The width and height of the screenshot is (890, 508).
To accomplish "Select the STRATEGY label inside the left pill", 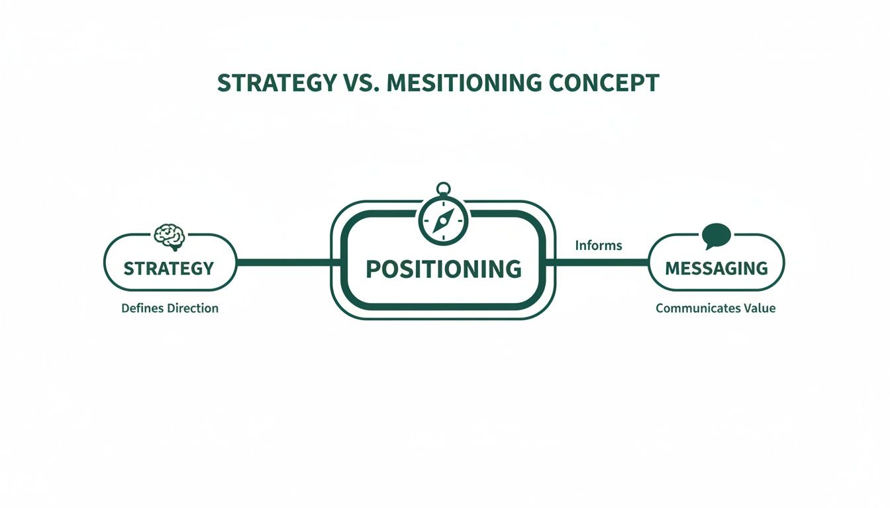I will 169,268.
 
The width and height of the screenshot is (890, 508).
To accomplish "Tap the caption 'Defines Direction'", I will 170,308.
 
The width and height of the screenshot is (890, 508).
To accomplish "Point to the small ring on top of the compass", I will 443,189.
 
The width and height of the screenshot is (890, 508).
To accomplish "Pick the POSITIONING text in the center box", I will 443,269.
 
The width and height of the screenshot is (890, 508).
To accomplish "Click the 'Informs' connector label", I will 599,245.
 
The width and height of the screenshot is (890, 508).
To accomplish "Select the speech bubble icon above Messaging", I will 716,235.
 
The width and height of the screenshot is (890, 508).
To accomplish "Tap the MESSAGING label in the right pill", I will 716,268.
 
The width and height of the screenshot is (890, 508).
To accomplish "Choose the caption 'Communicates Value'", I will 715,308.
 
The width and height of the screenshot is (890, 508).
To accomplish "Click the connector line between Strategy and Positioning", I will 283,263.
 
